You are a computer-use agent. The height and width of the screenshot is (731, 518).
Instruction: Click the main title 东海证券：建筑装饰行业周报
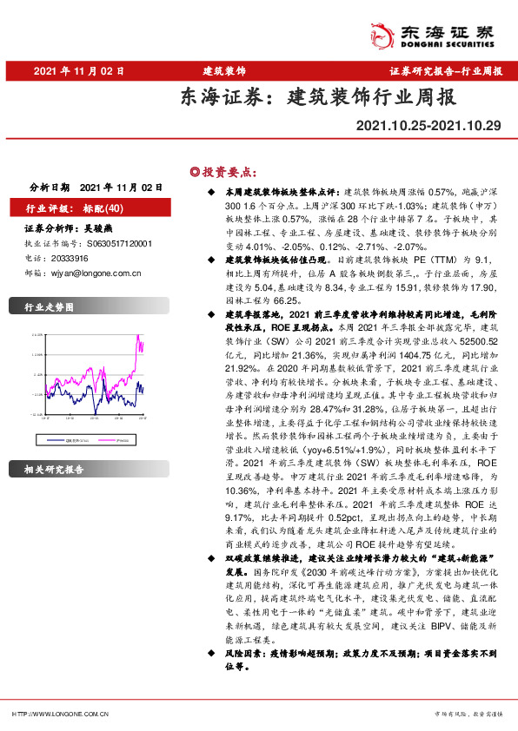[x=317, y=96]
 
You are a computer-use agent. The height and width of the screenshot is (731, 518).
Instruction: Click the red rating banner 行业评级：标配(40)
[x=79, y=208]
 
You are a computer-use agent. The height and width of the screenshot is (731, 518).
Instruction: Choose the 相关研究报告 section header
[x=55, y=470]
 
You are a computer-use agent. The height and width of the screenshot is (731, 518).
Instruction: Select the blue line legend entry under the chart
[x=70, y=416]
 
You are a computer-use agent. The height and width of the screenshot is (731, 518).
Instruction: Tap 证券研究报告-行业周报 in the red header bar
[x=445, y=70]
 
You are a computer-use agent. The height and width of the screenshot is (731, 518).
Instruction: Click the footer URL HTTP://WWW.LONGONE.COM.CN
[x=60, y=714]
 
